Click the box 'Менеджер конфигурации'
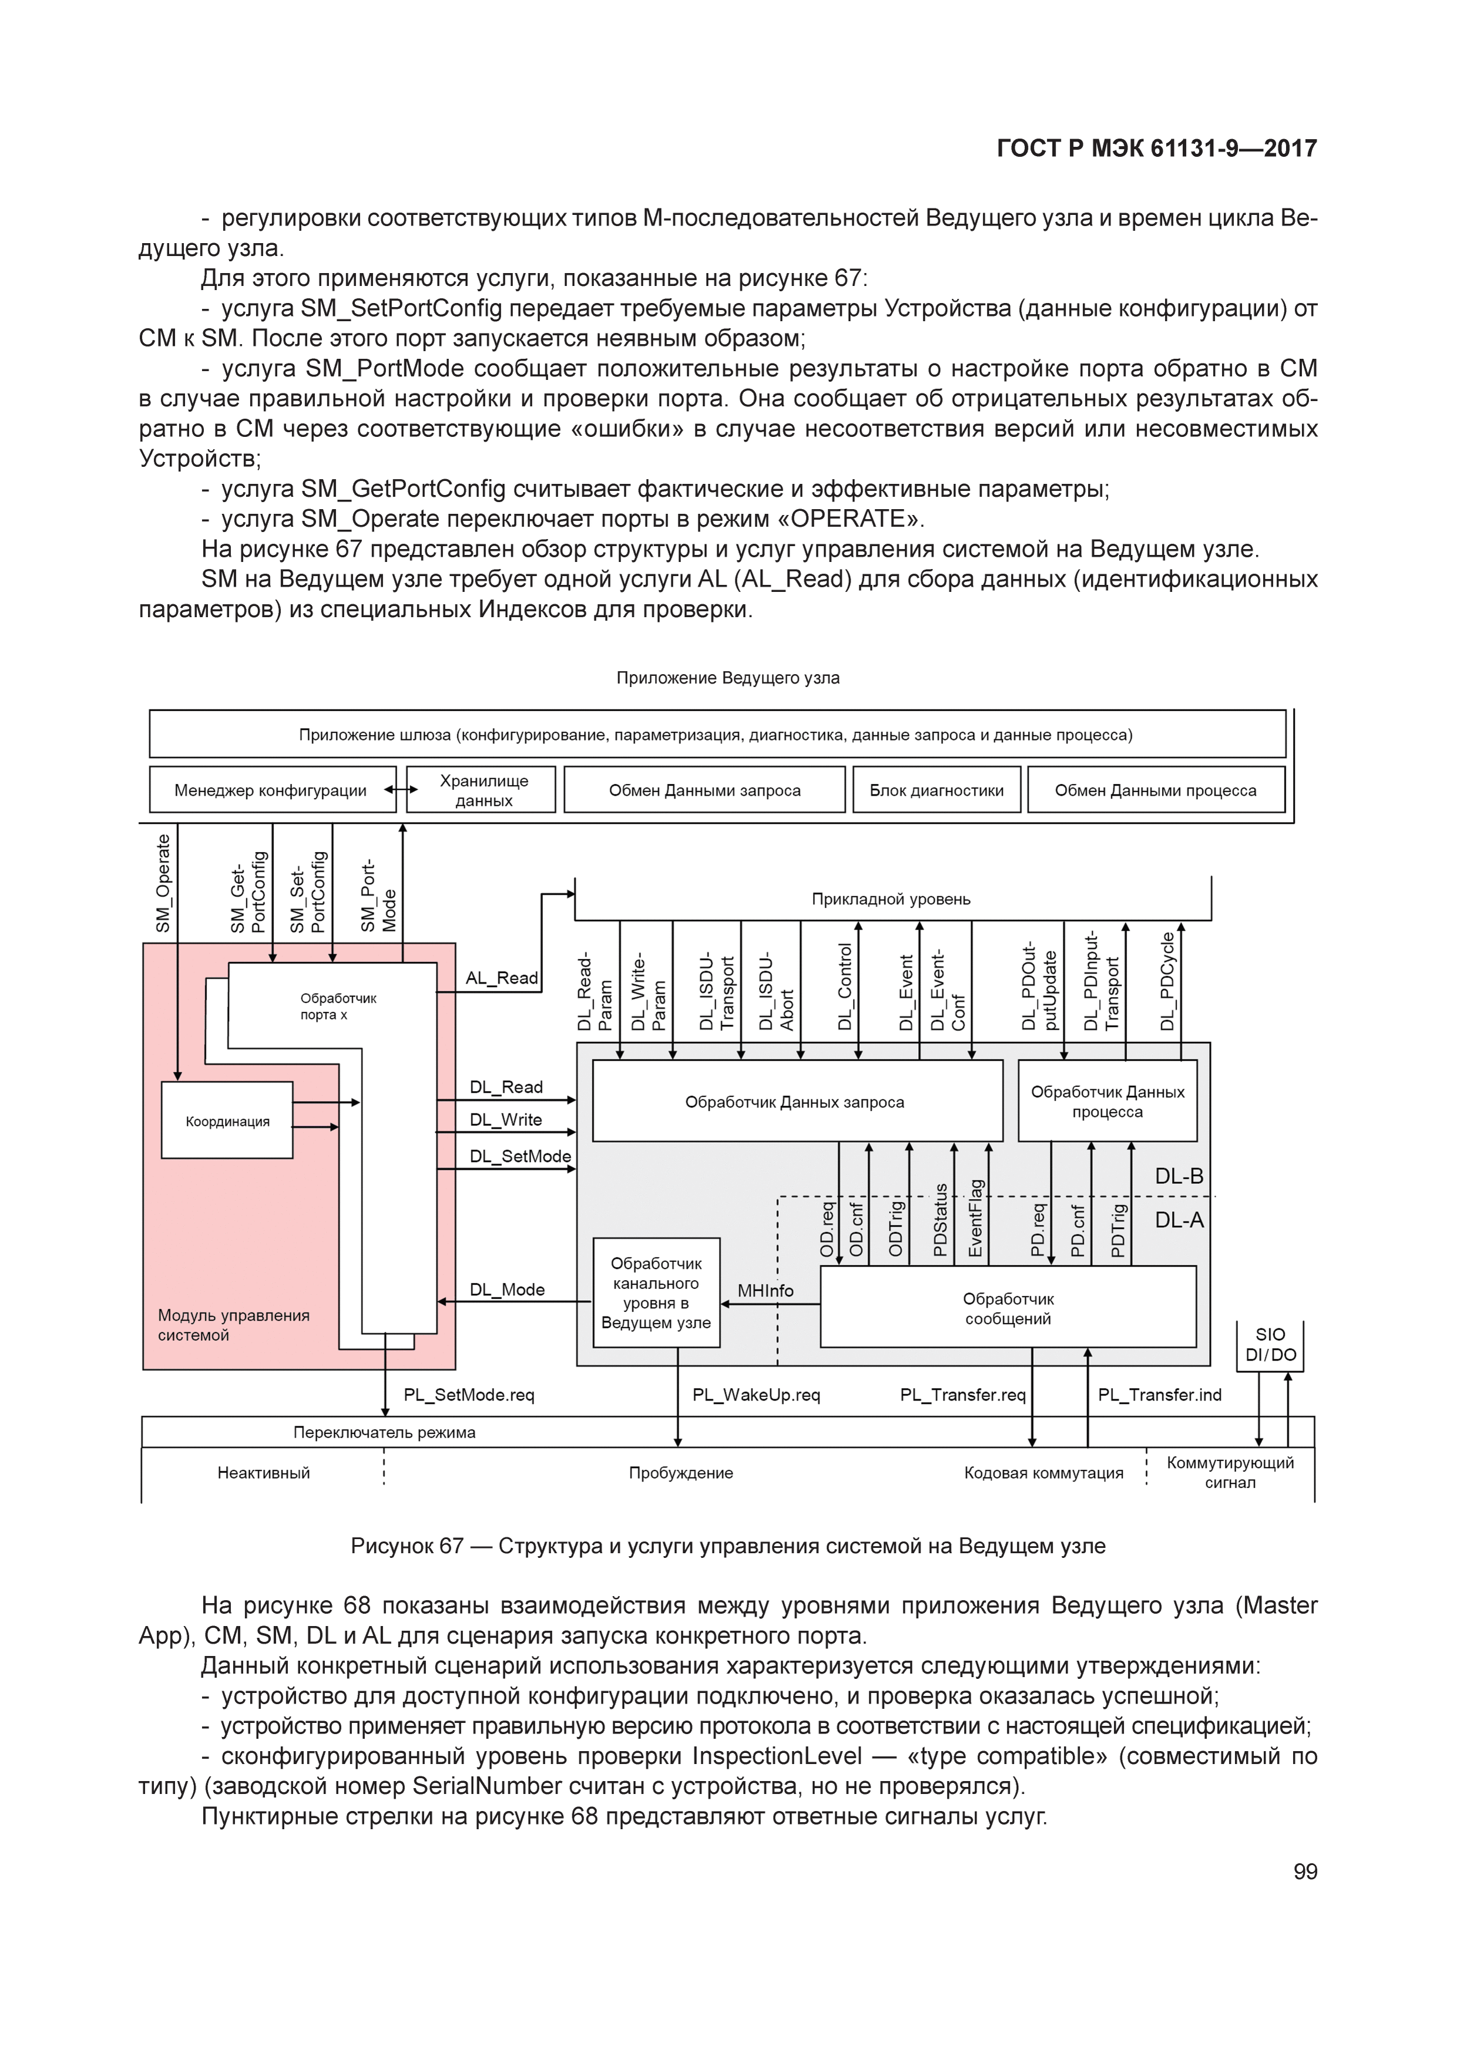pos(271,790)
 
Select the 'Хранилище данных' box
pos(483,790)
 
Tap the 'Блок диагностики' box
pos(936,790)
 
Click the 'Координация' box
pos(227,1120)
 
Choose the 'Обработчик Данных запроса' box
pos(794,1102)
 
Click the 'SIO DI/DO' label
pos(1270,1344)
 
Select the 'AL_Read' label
pos(501,978)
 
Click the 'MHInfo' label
pos(765,1290)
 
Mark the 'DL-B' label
pos(1179,1176)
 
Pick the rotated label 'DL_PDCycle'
pos(1167,981)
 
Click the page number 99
pos(1304,1871)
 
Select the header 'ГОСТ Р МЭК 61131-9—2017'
pos(1156,149)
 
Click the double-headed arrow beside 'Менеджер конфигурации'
pos(401,790)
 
